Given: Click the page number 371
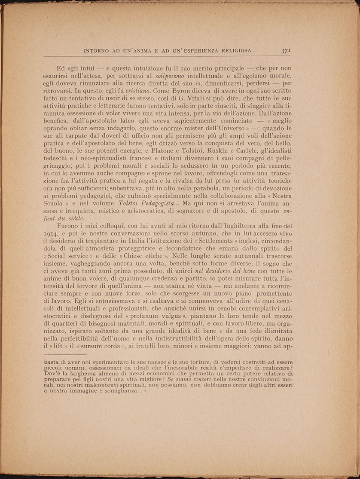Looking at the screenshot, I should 287,50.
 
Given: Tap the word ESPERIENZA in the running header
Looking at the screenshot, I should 190,51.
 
